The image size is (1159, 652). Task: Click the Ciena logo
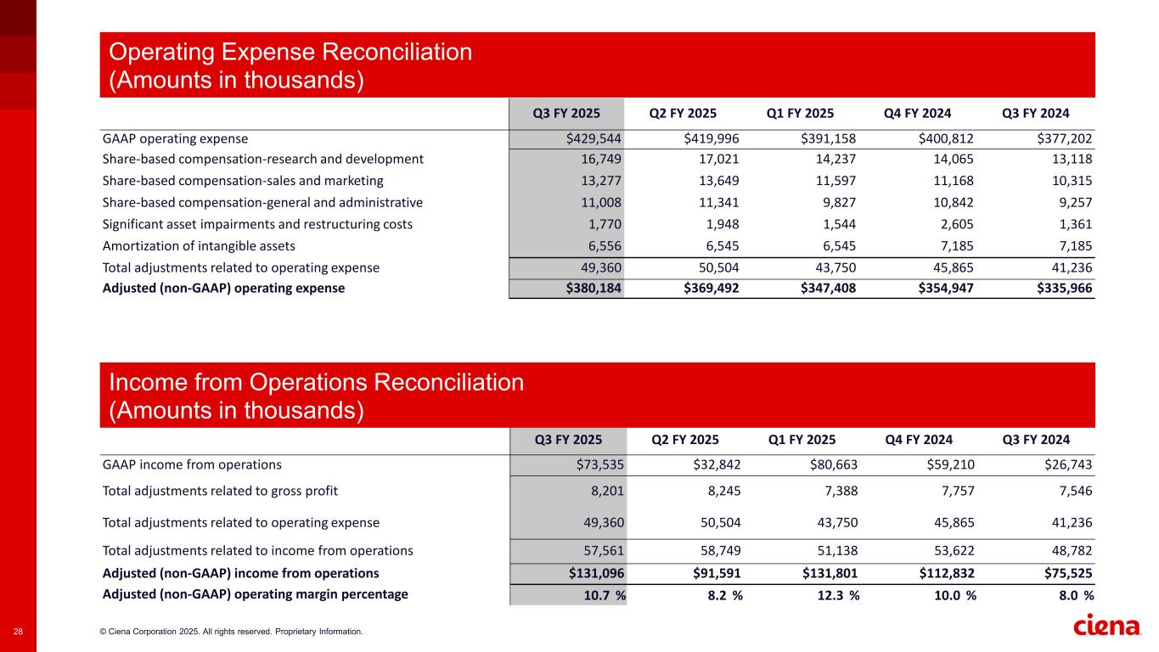pos(1108,626)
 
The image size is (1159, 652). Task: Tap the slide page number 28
pos(19,632)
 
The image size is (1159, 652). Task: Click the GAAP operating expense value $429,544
pos(590,138)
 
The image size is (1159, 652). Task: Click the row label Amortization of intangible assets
pos(199,246)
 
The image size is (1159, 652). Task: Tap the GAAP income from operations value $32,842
pos(711,465)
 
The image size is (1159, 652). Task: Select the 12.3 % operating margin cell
pos(830,595)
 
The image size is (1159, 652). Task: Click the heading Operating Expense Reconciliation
pos(290,53)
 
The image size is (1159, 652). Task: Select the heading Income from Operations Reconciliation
pos(317,383)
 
